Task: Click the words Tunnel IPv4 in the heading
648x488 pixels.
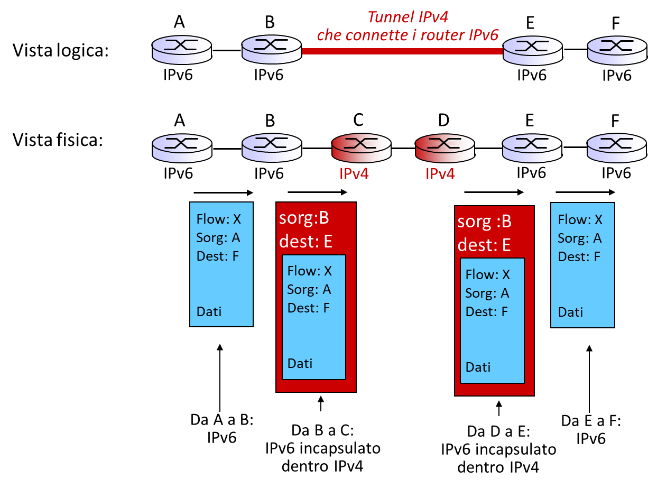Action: click(x=408, y=17)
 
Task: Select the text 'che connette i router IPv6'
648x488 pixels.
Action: click(x=408, y=35)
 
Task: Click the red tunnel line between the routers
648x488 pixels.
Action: click(x=402, y=51)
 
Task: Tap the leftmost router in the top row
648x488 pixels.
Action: click(x=182, y=50)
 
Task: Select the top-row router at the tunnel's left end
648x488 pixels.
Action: click(x=272, y=50)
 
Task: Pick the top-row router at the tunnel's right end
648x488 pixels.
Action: click(x=532, y=50)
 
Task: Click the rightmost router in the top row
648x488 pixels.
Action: click(x=617, y=50)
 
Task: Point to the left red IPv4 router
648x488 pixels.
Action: click(x=362, y=148)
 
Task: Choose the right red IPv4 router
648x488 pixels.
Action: click(x=445, y=148)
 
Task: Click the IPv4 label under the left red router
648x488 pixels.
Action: click(x=354, y=174)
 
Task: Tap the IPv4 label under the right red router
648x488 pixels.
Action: click(x=440, y=174)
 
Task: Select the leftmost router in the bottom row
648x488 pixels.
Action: click(x=182, y=148)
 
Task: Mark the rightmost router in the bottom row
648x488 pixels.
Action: click(x=617, y=148)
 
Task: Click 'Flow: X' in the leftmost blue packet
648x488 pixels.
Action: click(x=218, y=219)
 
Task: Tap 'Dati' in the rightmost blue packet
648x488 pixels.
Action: click(x=570, y=312)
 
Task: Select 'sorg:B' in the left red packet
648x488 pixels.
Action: click(x=304, y=218)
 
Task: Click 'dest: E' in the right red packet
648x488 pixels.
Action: click(x=484, y=245)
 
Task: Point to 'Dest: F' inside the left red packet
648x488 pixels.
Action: click(x=309, y=308)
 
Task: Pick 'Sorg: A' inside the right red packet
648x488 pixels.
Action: click(x=487, y=293)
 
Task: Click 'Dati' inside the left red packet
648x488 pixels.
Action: click(x=300, y=363)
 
